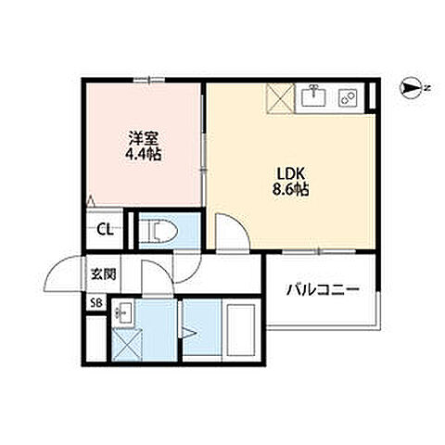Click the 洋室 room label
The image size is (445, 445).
[144, 139]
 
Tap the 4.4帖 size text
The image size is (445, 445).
[143, 154]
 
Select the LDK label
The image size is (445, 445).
[291, 174]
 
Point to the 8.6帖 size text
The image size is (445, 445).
[290, 189]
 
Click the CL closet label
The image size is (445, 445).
[105, 230]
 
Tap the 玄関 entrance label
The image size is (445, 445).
[104, 273]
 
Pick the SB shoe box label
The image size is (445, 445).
[96, 303]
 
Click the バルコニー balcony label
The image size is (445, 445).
[323, 290]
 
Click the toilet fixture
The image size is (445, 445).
[158, 230]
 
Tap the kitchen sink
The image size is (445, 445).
[313, 95]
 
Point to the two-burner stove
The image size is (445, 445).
[348, 97]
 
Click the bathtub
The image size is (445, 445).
[241, 330]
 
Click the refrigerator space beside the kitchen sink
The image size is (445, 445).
[280, 98]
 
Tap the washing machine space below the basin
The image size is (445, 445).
[127, 345]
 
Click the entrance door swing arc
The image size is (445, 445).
[58, 265]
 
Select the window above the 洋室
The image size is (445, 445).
[149, 80]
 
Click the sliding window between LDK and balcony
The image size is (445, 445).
[319, 251]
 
